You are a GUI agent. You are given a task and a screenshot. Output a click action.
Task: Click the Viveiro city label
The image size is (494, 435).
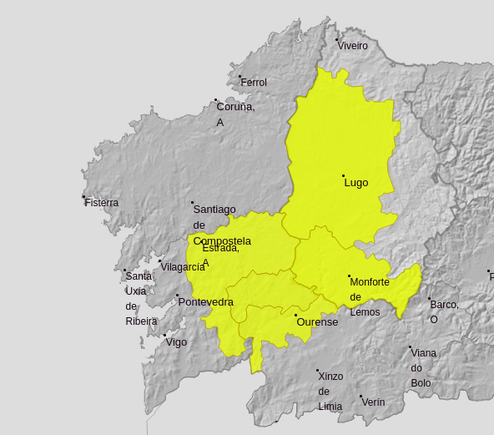tap(353, 46)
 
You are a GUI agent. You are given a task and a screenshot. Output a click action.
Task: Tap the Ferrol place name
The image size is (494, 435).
tap(254, 83)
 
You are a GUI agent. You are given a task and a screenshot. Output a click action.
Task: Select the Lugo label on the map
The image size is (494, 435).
tap(356, 183)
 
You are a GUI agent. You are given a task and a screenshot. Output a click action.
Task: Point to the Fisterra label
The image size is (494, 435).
tap(102, 203)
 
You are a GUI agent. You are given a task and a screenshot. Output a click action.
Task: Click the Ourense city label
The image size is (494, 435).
tap(317, 322)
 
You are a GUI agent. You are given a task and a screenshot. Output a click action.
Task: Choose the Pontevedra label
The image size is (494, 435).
tap(206, 302)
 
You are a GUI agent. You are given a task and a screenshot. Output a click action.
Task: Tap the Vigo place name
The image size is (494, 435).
tap(176, 342)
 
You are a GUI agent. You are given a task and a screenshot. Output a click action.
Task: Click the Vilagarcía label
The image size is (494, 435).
tap(183, 267)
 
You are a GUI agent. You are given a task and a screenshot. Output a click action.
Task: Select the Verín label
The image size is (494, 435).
tap(373, 402)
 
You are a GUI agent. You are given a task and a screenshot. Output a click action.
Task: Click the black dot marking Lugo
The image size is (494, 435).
tap(343, 175)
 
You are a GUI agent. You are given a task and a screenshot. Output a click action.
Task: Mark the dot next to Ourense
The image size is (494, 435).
tap(295, 315)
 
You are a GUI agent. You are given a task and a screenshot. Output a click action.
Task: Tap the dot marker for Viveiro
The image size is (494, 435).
tap(337, 39)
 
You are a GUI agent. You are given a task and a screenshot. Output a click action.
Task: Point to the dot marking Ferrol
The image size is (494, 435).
tap(240, 76)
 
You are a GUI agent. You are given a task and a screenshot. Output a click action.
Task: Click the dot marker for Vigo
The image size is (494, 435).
tap(164, 336)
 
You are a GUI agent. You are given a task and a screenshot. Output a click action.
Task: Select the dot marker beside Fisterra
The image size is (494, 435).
tap(83, 197)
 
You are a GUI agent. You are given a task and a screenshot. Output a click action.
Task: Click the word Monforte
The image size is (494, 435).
tap(370, 282)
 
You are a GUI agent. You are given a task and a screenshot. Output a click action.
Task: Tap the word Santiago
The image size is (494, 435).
tap(214, 210)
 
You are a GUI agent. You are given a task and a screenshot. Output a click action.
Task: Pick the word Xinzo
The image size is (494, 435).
tap(330, 377)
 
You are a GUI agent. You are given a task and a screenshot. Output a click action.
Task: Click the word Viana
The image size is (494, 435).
tap(423, 353)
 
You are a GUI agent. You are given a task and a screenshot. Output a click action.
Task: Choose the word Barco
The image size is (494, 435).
tap(444, 305)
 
